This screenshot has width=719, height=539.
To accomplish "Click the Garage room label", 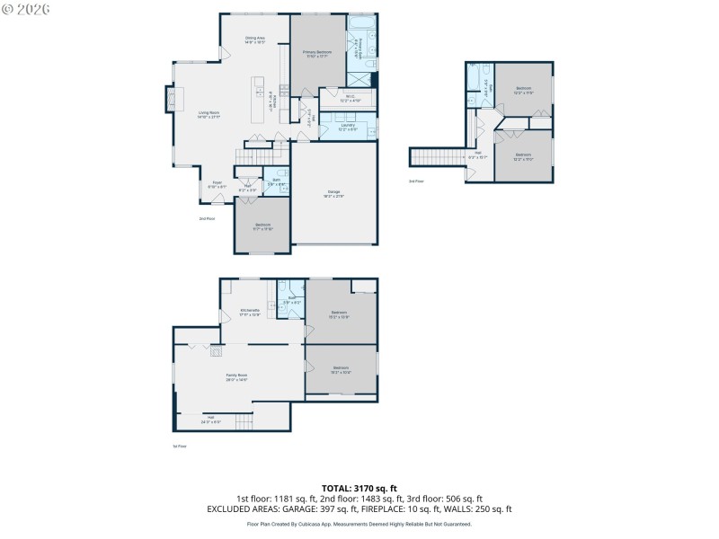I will pyautogui.click(x=334, y=195).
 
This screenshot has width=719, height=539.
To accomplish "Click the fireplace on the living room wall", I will pyautogui.click(x=168, y=99).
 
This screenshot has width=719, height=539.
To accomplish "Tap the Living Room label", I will pyautogui.click(x=209, y=114).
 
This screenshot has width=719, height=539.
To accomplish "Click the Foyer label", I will pyautogui.click(x=217, y=184).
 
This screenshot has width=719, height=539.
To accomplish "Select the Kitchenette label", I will pyautogui.click(x=250, y=312).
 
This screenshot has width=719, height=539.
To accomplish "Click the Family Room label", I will pyautogui.click(x=236, y=377).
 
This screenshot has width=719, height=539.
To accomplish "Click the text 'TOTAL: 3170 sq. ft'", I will pyautogui.click(x=359, y=488).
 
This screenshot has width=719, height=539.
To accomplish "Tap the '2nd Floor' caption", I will pyautogui.click(x=207, y=218).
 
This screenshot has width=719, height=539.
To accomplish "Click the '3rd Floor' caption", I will pyautogui.click(x=416, y=181).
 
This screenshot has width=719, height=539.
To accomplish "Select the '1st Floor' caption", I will pyautogui.click(x=179, y=446).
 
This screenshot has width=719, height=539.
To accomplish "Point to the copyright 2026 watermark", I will pyautogui.click(x=26, y=8).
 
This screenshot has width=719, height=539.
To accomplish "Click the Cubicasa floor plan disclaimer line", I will pyautogui.click(x=359, y=524).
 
